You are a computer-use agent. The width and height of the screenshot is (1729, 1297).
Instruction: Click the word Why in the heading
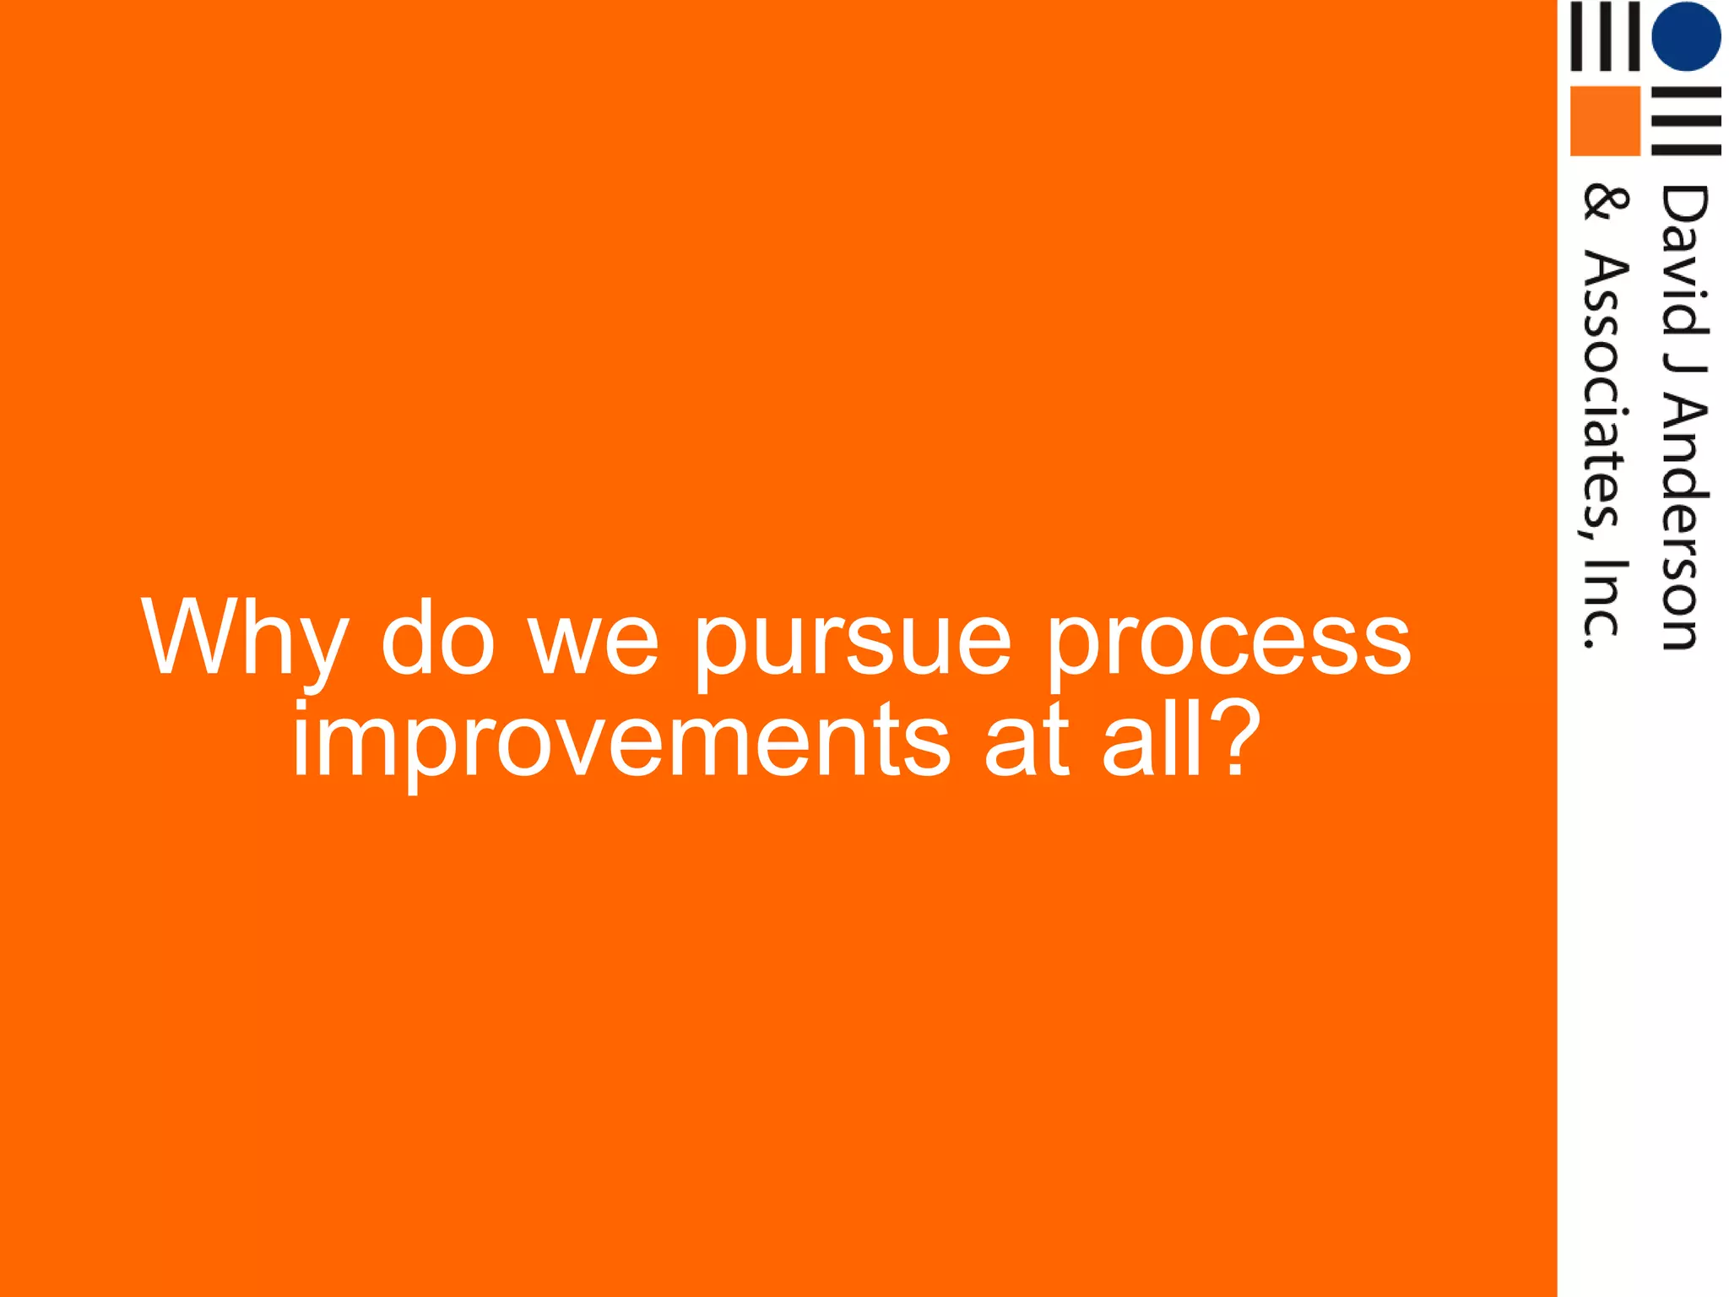[245, 639]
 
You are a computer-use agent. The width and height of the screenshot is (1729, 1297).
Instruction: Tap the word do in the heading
[437, 639]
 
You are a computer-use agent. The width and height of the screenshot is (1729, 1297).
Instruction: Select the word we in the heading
[593, 639]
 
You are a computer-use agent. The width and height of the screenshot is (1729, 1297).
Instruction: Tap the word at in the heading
[1027, 741]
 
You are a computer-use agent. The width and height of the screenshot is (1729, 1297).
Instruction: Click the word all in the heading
[1153, 741]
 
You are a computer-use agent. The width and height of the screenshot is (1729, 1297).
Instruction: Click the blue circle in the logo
[1686, 35]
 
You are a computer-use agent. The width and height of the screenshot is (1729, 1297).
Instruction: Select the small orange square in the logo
[1604, 121]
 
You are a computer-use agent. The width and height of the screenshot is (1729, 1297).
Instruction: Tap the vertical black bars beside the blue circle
[1604, 35]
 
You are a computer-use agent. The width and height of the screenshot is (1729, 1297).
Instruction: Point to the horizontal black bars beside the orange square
[1686, 121]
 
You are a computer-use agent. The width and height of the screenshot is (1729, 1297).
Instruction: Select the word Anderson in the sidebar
[1684, 524]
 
